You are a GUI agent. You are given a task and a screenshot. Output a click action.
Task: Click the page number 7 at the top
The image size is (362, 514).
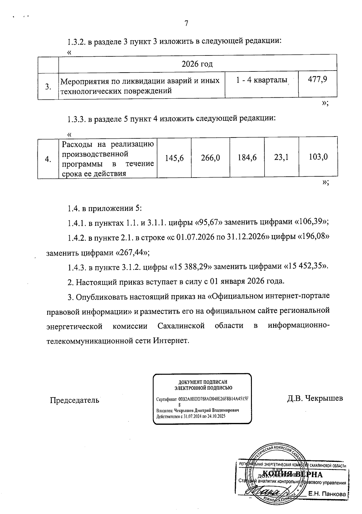click(x=186, y=24)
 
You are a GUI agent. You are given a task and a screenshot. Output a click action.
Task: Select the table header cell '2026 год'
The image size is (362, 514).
click(x=197, y=64)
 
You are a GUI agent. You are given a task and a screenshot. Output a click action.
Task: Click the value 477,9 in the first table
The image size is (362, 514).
click(x=318, y=80)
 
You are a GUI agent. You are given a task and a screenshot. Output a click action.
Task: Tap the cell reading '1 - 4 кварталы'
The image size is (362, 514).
click(x=261, y=80)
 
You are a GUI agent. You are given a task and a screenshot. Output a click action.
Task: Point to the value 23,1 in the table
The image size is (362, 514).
click(x=281, y=157)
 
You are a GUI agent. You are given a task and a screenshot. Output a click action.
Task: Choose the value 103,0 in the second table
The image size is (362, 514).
click(x=318, y=157)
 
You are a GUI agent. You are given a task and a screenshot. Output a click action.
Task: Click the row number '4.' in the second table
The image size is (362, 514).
click(x=48, y=159)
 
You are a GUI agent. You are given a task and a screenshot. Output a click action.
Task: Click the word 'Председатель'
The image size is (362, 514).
click(x=74, y=400)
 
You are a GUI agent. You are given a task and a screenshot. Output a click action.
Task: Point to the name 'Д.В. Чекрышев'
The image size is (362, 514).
click(x=315, y=398)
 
